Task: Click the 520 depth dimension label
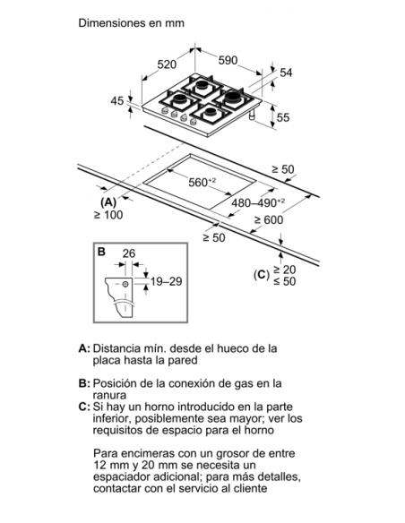tap(167, 64)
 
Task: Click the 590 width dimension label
tap(228, 60)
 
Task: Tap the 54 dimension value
tap(286, 73)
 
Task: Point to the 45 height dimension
tap(117, 100)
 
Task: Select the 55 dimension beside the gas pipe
tap(283, 117)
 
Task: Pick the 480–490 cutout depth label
tap(258, 202)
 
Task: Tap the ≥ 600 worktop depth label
tap(269, 219)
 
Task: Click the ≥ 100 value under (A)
tap(108, 215)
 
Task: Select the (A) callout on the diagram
tap(108, 202)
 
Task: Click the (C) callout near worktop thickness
tap(262, 275)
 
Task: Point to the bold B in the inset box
tap(101, 252)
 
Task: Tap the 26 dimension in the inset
tap(129, 253)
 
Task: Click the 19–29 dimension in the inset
tap(166, 281)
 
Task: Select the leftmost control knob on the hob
tap(164, 111)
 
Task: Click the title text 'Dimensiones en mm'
tap(131, 23)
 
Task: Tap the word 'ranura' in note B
tap(109, 395)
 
